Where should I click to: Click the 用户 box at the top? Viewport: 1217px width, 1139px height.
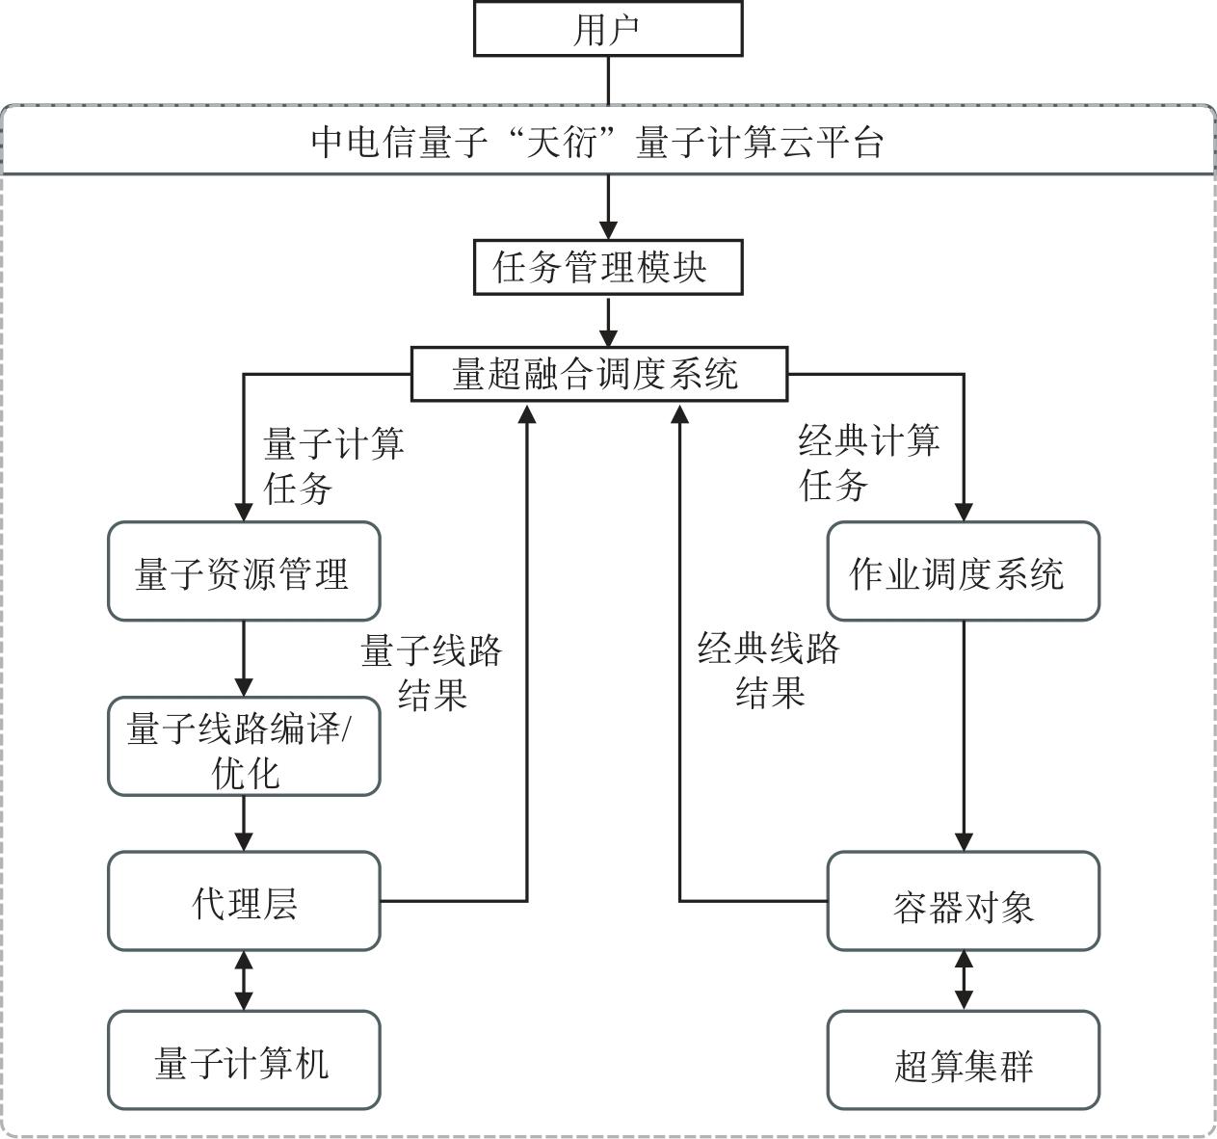608,29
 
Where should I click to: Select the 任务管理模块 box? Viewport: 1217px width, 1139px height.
608,267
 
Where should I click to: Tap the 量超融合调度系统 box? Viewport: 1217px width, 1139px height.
598,373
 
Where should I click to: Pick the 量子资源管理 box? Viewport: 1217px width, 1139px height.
243,571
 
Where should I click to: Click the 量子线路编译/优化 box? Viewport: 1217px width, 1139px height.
243,747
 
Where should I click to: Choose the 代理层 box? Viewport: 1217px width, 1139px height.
243,901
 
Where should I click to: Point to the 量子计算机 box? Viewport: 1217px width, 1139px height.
243,1060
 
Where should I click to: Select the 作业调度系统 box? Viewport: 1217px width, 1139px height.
963,571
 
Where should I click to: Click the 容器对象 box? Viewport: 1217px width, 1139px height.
963,903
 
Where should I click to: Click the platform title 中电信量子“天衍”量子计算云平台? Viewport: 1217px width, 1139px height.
598,142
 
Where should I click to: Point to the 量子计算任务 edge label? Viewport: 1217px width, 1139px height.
332,465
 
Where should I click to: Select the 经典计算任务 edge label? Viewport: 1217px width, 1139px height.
867,463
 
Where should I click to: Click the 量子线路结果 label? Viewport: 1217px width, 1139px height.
432,672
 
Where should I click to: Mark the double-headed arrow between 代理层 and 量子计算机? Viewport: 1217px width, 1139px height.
244,980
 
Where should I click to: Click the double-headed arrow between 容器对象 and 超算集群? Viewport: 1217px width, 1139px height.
964,980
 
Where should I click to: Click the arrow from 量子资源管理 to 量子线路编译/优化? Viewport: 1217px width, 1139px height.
244,658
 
